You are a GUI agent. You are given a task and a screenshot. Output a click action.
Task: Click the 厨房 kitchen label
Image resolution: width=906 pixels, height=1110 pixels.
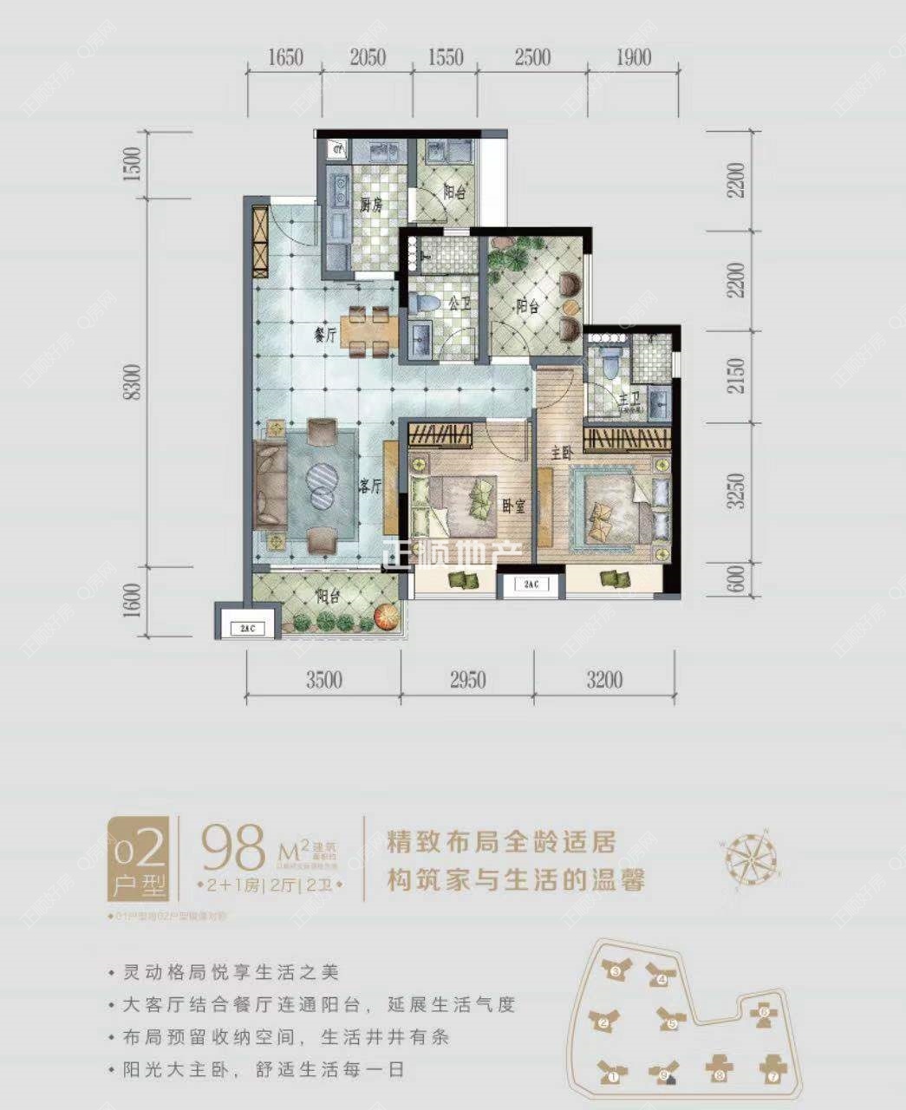(371, 206)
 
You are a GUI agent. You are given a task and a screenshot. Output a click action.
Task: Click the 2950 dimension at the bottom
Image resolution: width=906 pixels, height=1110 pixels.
(467, 680)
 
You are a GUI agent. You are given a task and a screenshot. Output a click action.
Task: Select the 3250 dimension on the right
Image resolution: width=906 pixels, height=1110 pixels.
(737, 492)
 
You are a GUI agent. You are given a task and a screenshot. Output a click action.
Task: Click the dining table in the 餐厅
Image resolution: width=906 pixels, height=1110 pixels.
(370, 331)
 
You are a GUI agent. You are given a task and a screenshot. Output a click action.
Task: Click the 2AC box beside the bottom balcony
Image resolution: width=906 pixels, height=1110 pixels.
(247, 626)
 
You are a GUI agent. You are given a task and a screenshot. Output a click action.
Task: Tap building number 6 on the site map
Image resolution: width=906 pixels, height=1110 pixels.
(763, 1012)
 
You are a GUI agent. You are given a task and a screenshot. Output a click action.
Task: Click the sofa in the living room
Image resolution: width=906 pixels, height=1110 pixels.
(270, 486)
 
